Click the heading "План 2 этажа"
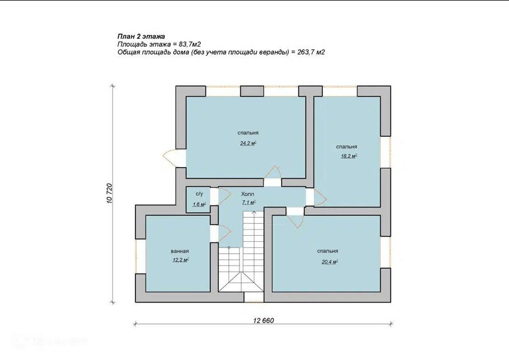pyautogui.click(x=141, y=37)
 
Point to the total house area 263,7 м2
pyautogui.click(x=311, y=52)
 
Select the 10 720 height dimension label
pyautogui.click(x=109, y=193)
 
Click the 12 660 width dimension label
pyautogui.click(x=264, y=321)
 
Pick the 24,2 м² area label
pyautogui.click(x=249, y=143)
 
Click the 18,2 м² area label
pyautogui.click(x=349, y=156)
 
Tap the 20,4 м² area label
pyautogui.click(x=330, y=262)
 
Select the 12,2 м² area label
pyautogui.click(x=181, y=260)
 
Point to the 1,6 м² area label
pyautogui.click(x=199, y=205)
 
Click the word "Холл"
pyautogui.click(x=247, y=194)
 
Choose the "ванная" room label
pyautogui.click(x=180, y=251)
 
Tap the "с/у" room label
pyautogui.click(x=199, y=194)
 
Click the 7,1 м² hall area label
pyautogui.click(x=249, y=202)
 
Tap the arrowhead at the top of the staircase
pyautogui.click(x=254, y=212)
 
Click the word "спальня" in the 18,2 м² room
pyautogui.click(x=346, y=147)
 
